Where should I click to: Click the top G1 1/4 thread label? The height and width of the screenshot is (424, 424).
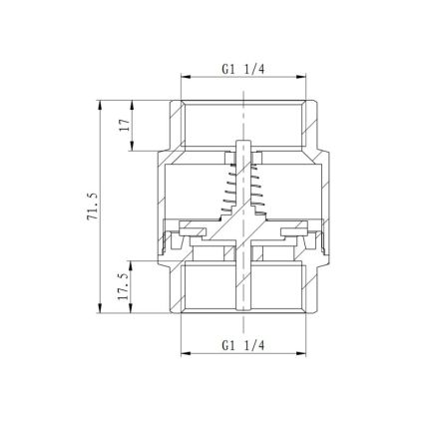(242, 69)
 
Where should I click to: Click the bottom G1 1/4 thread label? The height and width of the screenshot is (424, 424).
(242, 346)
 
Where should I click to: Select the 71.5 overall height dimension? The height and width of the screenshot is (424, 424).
(92, 207)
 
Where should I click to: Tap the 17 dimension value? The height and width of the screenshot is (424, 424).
(125, 125)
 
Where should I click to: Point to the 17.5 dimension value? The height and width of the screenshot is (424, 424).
(124, 286)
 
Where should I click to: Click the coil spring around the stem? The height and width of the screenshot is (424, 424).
(243, 189)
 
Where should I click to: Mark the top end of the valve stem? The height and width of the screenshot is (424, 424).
(243, 141)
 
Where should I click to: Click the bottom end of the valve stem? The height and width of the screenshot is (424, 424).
(243, 309)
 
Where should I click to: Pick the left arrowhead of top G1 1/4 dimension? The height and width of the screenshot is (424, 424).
(185, 77)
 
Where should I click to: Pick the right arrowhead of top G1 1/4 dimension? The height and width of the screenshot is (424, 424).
(301, 77)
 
